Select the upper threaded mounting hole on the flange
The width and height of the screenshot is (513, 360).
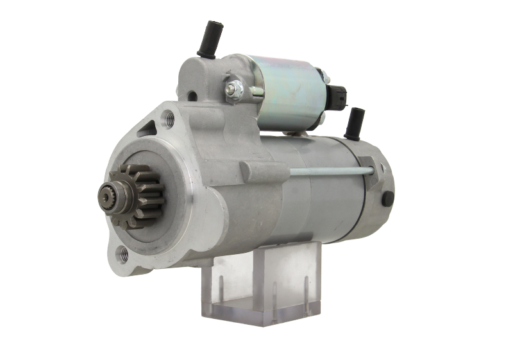170,117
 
